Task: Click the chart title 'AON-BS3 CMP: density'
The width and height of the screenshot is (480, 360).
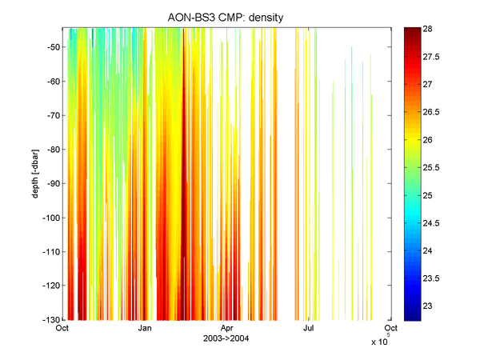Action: point(228,18)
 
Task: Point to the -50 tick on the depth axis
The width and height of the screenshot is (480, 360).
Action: point(52,47)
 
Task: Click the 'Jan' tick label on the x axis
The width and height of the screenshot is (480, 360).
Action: point(145,328)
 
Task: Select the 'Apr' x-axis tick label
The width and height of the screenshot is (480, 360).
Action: point(227,328)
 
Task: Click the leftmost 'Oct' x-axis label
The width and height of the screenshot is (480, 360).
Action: point(62,328)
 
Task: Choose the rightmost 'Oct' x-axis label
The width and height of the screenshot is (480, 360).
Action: point(391,328)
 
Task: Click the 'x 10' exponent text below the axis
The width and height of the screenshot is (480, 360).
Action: point(379,342)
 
